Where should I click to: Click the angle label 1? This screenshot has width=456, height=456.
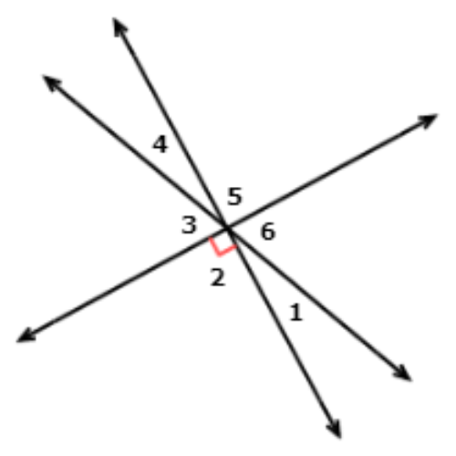click(x=296, y=312)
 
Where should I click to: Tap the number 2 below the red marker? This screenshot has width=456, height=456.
click(x=218, y=277)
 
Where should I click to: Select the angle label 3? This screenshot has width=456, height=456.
click(x=189, y=225)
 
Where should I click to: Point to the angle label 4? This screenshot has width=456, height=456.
click(x=160, y=144)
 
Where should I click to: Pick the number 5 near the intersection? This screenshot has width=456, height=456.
click(x=235, y=196)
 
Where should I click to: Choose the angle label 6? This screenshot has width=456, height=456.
click(x=268, y=232)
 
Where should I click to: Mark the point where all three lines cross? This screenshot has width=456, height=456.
click(x=227, y=227)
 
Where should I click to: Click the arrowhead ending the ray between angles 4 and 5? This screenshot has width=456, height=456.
click(x=119, y=26)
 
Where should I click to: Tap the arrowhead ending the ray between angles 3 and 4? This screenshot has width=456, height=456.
click(x=51, y=83)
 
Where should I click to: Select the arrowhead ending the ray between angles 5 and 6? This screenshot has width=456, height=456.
click(x=428, y=121)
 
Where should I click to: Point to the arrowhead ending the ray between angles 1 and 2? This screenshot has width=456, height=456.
click(x=335, y=429)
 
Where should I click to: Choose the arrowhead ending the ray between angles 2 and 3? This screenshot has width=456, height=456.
click(x=26, y=337)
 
